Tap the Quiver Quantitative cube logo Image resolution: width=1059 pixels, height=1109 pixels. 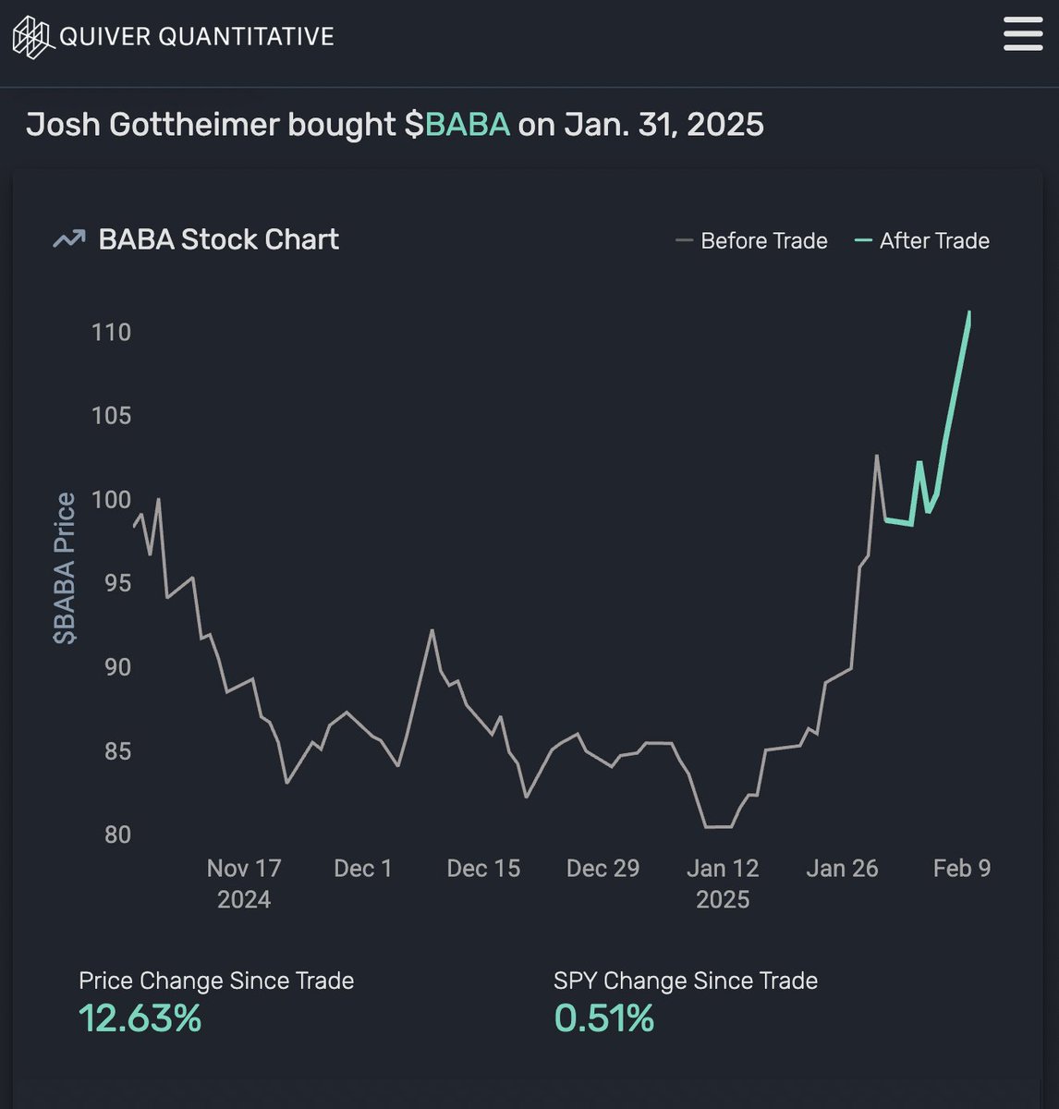coord(31,37)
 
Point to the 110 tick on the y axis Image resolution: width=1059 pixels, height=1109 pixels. coord(111,332)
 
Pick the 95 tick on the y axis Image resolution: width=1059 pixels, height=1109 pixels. coord(111,583)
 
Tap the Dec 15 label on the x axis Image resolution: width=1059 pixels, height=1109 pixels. coord(483,869)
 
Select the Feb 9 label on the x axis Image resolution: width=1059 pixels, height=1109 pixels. coord(961,869)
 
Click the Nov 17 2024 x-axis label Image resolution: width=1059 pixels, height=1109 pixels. coord(244,884)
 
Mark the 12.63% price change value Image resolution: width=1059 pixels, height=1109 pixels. coord(140,1018)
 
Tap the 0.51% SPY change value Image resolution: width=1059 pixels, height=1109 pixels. coord(603,1018)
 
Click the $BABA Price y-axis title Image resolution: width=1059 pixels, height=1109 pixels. coord(66,567)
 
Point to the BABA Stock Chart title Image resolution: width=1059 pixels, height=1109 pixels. coord(218,239)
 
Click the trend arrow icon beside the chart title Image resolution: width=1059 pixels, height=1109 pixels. coord(68,239)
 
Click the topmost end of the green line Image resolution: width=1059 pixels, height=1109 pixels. coord(969,312)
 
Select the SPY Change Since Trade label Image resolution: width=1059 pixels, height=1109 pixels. coord(685,981)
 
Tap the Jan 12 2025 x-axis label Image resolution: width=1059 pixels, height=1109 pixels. coord(723,884)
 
